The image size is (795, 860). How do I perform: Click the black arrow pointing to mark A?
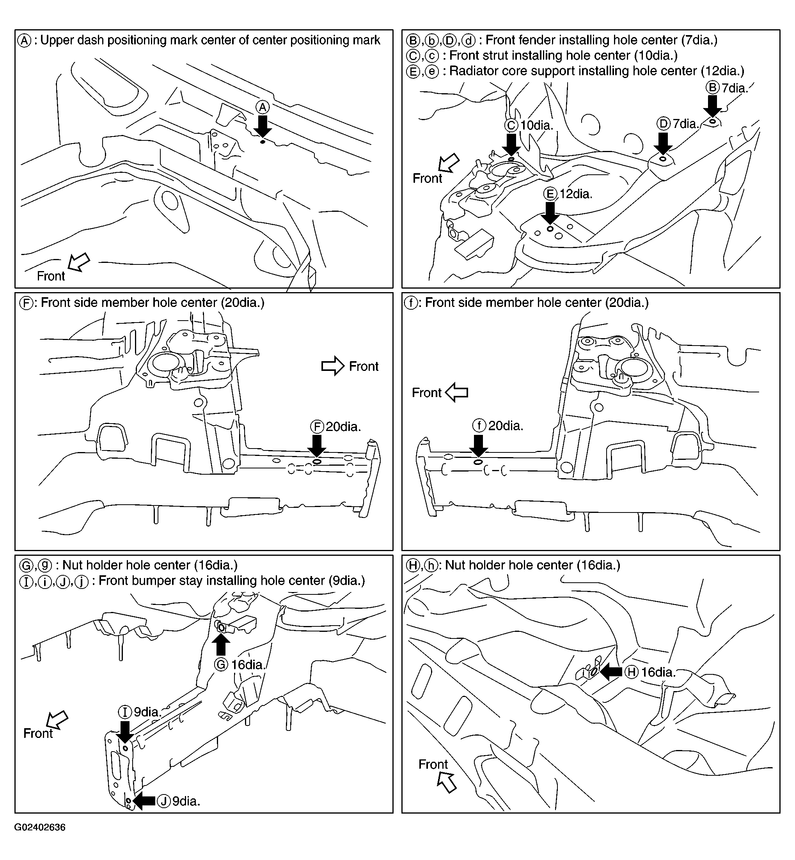point(263,126)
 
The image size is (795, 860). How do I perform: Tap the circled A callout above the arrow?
point(263,107)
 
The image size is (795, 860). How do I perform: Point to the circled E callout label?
point(550,194)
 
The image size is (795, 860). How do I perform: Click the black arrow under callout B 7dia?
point(713,106)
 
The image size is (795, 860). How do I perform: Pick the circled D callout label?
point(664,124)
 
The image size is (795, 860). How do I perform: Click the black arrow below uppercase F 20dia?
point(317,445)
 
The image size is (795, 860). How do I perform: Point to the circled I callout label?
point(125,712)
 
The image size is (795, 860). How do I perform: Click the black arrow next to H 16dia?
point(611,672)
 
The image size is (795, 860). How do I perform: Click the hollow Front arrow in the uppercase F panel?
point(333,366)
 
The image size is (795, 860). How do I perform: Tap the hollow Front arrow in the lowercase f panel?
point(457,392)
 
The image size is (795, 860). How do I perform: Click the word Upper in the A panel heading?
point(56,41)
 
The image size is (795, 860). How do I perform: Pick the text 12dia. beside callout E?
point(576,194)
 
